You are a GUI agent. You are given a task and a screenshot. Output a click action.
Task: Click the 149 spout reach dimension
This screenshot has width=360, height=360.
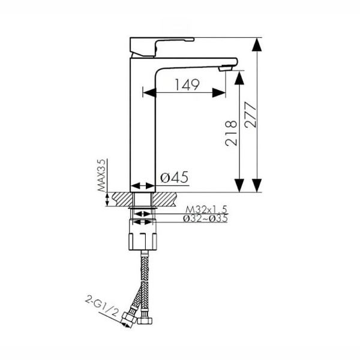click(x=187, y=85)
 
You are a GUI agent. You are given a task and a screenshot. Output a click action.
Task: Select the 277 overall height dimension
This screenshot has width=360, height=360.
click(x=250, y=115)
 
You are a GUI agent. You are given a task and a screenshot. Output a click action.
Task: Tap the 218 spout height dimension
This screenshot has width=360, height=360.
click(x=231, y=133)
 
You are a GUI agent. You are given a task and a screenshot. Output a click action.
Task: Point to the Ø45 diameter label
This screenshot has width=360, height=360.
click(x=174, y=177)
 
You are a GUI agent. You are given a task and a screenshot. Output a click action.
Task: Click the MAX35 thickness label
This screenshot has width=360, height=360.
click(x=101, y=175)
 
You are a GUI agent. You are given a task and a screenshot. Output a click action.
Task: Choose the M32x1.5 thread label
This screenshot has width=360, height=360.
click(x=206, y=209)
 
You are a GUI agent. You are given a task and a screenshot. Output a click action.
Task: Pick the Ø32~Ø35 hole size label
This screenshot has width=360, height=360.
click(x=205, y=218)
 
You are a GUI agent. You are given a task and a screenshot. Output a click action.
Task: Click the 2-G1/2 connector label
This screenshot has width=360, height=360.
click(x=102, y=306)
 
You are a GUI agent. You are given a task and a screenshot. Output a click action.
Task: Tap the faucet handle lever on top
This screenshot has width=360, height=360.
click(x=161, y=47)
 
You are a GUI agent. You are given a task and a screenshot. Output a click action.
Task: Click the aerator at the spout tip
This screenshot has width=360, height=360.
click(x=226, y=68)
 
